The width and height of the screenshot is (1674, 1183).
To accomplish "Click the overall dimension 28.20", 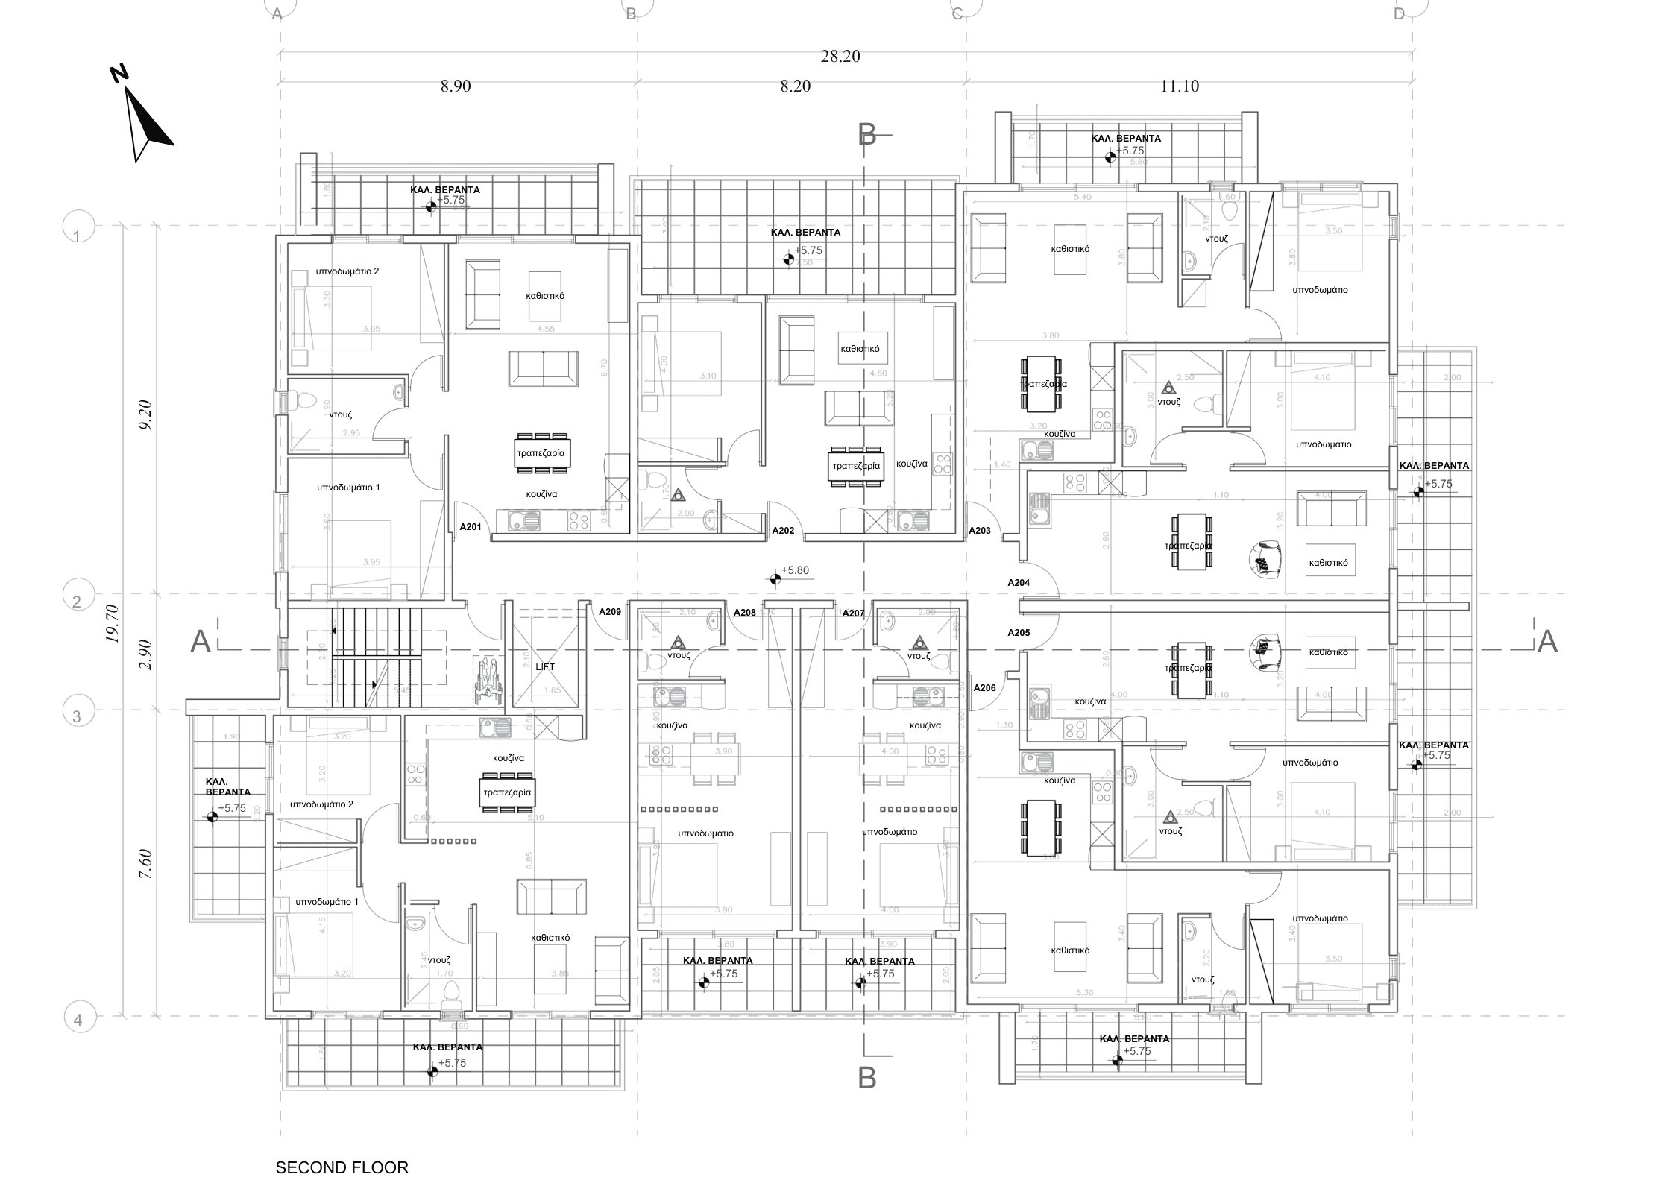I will (x=840, y=57).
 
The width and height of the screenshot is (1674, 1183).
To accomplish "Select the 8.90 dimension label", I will (x=456, y=86).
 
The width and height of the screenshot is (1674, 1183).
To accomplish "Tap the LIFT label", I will (x=545, y=666).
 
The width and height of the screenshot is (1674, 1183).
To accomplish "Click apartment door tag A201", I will (x=471, y=527).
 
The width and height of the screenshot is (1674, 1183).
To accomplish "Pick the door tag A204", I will (x=1019, y=582).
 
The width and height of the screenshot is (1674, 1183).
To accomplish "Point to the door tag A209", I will (x=610, y=612).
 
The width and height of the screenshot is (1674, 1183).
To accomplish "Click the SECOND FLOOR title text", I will (x=342, y=1167).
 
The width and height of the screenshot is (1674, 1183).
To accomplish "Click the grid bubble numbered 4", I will (x=79, y=1020).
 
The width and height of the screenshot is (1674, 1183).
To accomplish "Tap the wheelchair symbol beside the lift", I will (x=487, y=678).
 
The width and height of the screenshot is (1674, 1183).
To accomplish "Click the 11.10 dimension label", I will (x=1180, y=86).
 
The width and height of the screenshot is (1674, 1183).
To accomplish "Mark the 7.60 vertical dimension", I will (x=146, y=864).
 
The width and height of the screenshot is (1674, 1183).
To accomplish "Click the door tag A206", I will (x=985, y=688).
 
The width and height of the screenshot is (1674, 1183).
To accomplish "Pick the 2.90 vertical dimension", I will (x=146, y=654).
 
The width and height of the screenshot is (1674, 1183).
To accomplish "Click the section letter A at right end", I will (x=1547, y=641).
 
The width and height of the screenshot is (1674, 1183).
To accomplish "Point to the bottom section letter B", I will (x=867, y=1078).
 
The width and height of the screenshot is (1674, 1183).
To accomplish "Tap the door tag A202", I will (x=783, y=531).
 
